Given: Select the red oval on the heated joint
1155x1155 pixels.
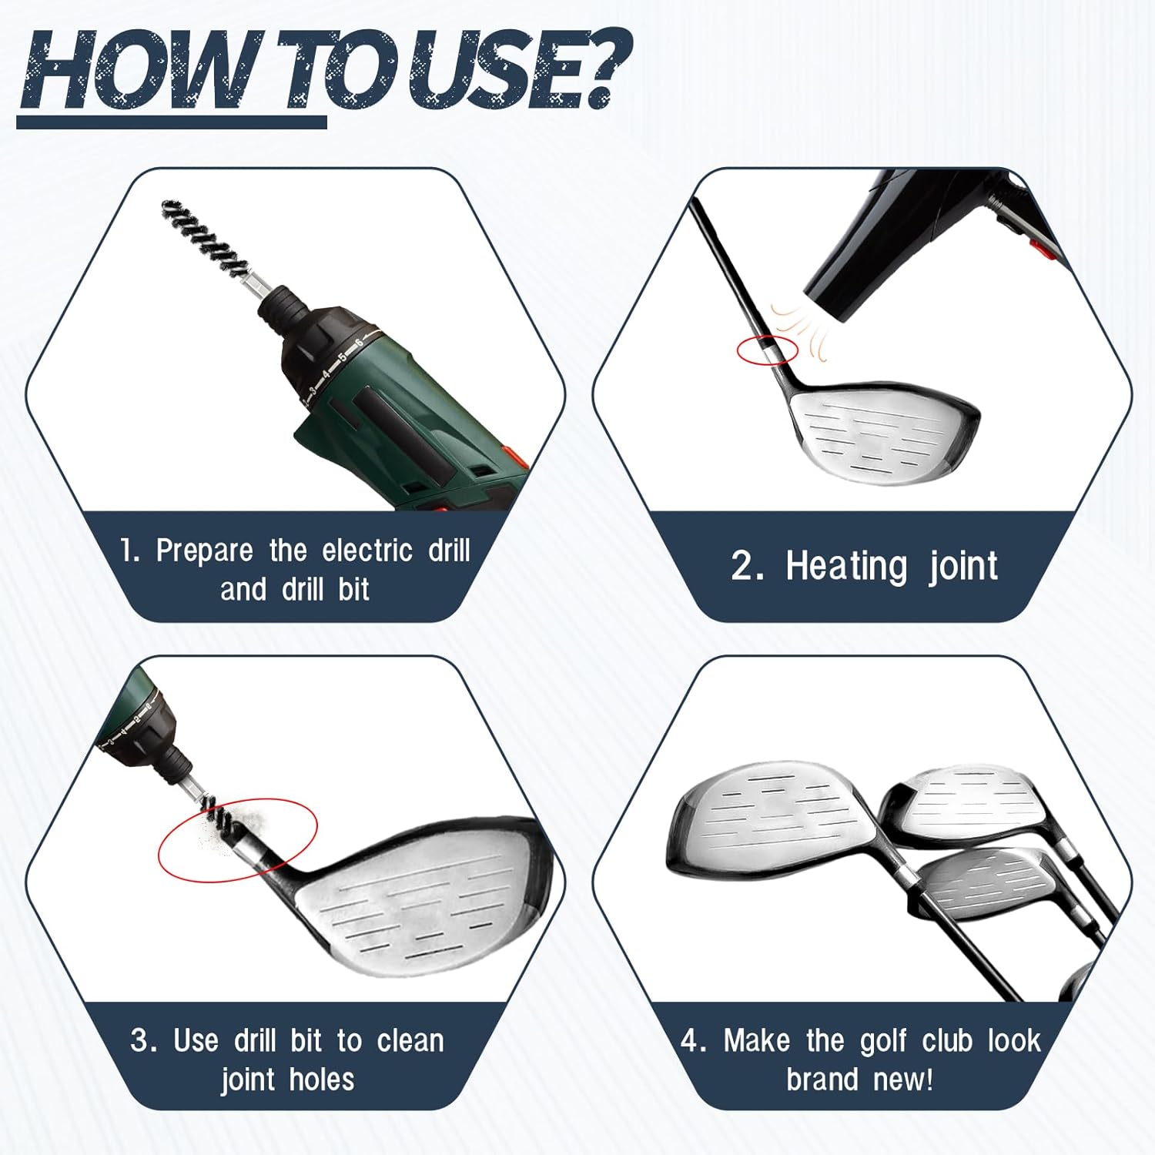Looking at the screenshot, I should (x=767, y=350).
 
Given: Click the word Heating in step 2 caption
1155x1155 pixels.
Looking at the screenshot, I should (x=846, y=567).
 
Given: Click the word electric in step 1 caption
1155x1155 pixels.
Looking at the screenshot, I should (x=367, y=551).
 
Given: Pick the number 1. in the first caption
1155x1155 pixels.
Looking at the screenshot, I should (x=130, y=551).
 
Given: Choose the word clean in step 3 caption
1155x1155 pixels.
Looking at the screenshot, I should (x=410, y=1041).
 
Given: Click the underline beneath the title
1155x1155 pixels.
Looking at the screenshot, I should (x=171, y=122).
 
